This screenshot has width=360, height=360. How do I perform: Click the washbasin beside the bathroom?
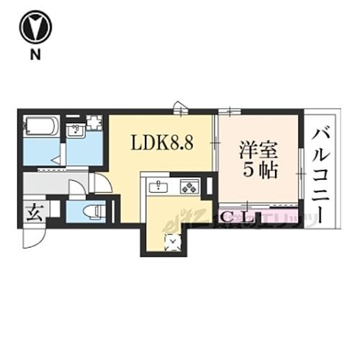[73, 130]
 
